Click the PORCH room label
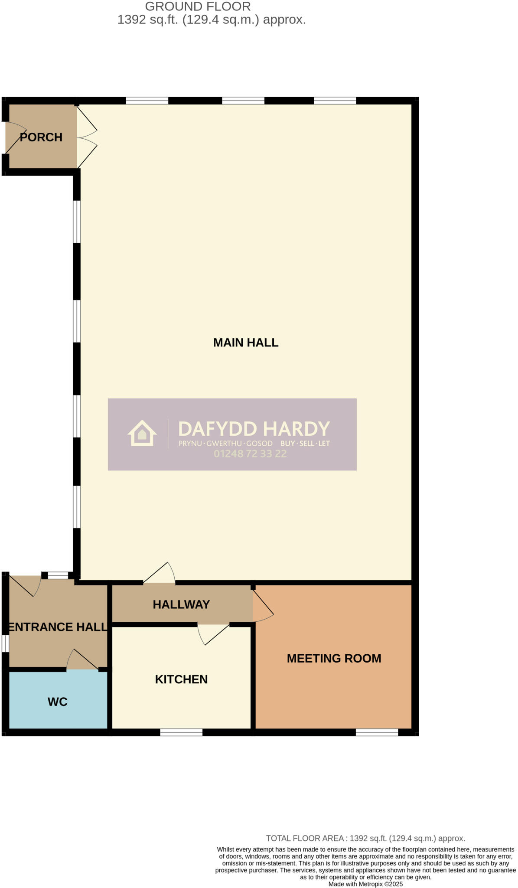41,137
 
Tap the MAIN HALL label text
245,343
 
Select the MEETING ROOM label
334,658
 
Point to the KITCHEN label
181,679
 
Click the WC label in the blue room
57,702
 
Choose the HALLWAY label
181,604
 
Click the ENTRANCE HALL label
58,627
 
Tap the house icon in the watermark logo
142,433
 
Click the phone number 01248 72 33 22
250,454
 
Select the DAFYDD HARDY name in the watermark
254,429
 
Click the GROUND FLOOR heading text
198,7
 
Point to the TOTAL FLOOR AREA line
365,838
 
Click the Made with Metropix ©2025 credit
365,884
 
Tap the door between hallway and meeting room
262,604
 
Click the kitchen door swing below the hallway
212,634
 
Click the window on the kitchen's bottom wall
181,732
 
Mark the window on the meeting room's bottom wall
377,732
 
